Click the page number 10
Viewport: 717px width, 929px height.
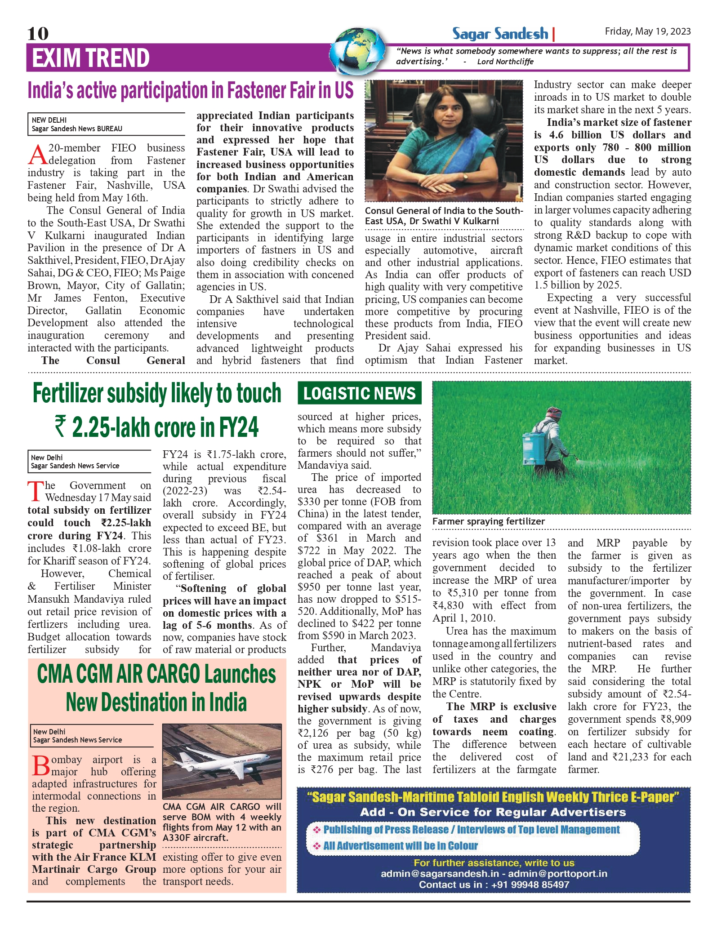pos(38,34)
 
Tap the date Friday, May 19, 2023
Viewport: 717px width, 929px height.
pos(647,31)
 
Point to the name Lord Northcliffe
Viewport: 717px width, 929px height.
pos(505,62)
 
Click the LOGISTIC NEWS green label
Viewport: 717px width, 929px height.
pos(359,393)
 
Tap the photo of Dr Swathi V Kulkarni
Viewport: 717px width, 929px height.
pos(444,141)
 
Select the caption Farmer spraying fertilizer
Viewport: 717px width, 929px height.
pos(488,521)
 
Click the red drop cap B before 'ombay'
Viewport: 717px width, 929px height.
pos(41,765)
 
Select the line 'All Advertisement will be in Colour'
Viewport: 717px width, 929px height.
pos(400,845)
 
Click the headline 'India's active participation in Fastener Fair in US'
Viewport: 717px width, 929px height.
pos(191,90)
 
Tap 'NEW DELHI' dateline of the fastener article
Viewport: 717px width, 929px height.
pos(49,120)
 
